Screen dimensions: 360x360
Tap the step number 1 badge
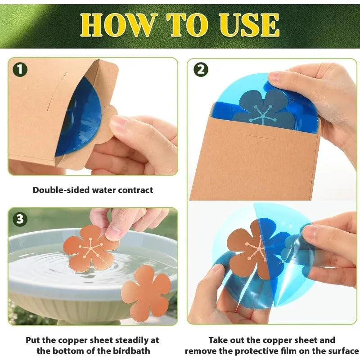[x=20, y=69]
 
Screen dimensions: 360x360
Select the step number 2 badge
[x=201, y=69]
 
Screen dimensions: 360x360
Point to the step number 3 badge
[x=20, y=219]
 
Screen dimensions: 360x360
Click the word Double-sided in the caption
[x=61, y=190]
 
